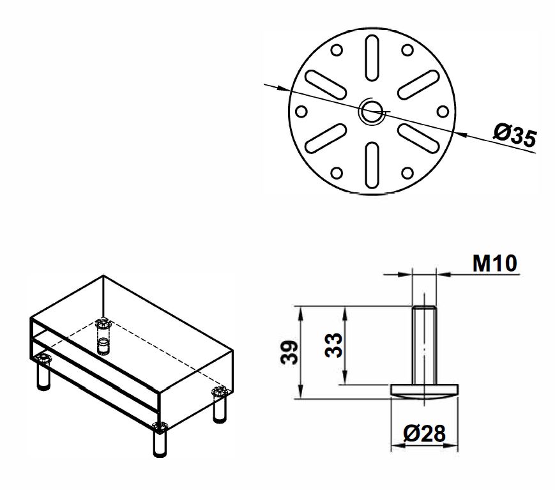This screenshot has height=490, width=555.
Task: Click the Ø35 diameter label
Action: coord(514,136)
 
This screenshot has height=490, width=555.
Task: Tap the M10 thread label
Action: coord(495,263)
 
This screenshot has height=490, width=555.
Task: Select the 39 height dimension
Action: coord(289,353)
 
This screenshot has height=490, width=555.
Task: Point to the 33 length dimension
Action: coord(333,346)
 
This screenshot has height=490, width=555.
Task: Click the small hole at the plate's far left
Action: coord(302,110)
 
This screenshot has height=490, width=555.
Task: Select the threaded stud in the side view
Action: coord(423,345)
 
